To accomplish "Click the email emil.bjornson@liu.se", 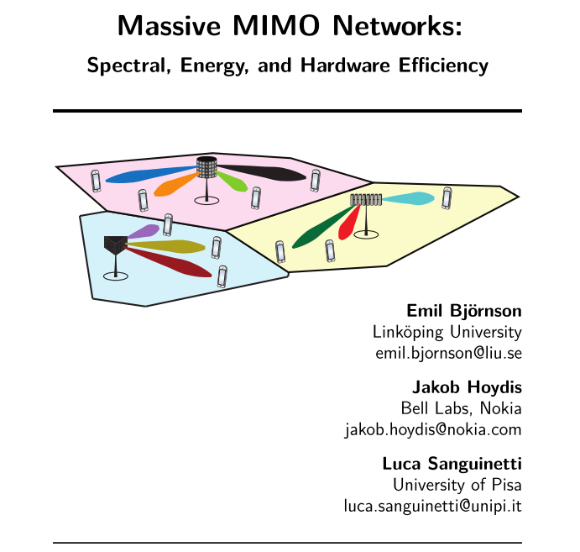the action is click(x=448, y=353).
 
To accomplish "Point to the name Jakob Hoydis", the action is click(x=467, y=388).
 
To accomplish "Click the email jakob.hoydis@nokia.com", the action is click(x=433, y=430).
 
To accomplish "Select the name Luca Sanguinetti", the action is click(x=452, y=464).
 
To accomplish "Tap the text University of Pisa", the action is click(x=457, y=485).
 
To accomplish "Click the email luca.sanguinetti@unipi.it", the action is click(x=433, y=506).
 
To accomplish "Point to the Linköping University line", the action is click(x=446, y=332).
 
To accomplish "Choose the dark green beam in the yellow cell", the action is click(x=322, y=228).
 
